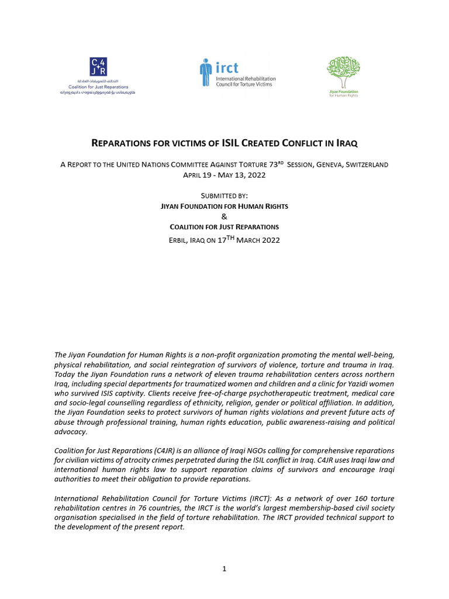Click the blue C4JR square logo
[x=98, y=67]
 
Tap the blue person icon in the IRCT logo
[x=204, y=73]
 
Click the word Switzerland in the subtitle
[x=367, y=165]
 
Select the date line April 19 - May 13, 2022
[x=224, y=175]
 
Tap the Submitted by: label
[x=224, y=197]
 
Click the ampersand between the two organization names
[x=224, y=216]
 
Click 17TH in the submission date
[x=223, y=239]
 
